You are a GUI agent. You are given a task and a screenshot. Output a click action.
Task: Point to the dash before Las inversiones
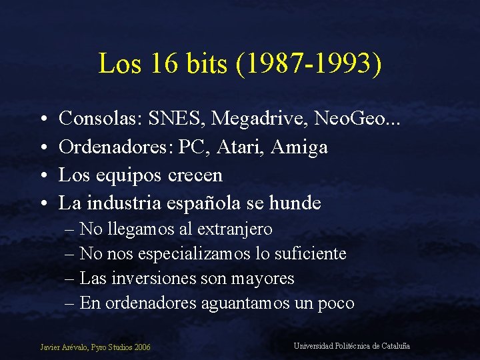pos(70,279)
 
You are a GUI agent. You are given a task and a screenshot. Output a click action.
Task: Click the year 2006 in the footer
pos(141,347)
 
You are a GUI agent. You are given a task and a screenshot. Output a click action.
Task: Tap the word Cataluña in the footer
pos(395,345)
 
